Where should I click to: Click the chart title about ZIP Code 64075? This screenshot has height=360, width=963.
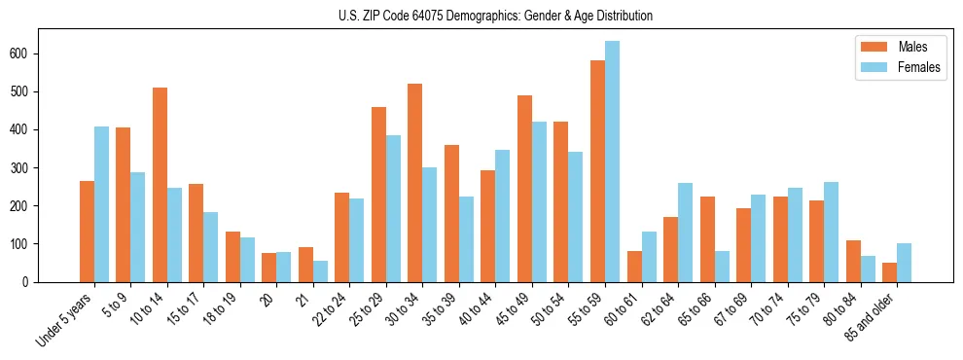click(481, 16)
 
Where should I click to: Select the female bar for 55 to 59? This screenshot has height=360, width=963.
click(612, 162)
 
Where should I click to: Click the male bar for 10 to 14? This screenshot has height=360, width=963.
click(160, 185)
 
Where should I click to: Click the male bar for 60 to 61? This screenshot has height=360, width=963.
click(634, 267)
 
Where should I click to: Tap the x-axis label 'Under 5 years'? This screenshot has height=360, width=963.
click(64, 319)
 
